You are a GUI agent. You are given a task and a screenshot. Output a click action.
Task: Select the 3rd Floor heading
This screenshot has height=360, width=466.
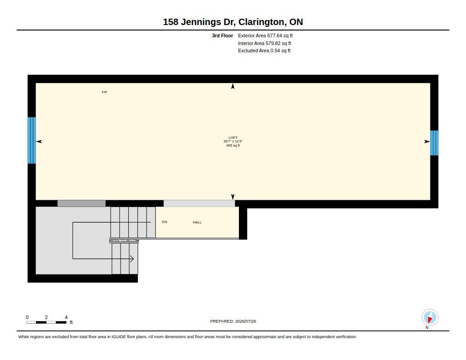pos(222,35)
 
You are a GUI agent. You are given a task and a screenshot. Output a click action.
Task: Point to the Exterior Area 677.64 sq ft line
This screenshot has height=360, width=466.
pos(265,35)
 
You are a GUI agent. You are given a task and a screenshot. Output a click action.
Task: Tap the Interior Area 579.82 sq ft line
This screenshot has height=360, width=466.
pos(264,43)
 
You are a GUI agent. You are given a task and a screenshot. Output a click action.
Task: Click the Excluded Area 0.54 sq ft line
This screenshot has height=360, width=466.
pos(264,51)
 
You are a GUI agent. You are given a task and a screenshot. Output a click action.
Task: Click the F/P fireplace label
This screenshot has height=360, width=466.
pos(104,92)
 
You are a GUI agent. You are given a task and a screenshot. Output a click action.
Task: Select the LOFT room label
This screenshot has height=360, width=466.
pos(233,137)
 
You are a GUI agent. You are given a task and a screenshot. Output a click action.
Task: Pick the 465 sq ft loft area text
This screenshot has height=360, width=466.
pos(233,145)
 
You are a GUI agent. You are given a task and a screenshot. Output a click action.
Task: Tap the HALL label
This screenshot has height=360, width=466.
pos(197,222)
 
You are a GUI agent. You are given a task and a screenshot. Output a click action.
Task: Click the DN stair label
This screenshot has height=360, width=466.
pos(164,222)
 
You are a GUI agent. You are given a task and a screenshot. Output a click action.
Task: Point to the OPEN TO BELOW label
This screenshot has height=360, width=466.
pos(124,240)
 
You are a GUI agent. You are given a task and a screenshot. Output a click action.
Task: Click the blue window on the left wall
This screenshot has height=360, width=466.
pos(31,140)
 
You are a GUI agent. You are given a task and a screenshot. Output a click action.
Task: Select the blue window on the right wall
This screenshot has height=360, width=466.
pos(434,143)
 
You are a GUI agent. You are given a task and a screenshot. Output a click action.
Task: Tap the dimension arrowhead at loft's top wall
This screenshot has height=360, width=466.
pos(233,86)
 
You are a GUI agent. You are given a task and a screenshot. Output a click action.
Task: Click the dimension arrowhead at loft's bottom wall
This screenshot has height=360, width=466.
pos(233,197)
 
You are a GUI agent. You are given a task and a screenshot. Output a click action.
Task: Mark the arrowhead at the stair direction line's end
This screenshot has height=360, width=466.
pos(132,259)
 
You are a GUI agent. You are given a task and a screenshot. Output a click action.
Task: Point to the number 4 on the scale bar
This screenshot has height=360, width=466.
pos(66,317)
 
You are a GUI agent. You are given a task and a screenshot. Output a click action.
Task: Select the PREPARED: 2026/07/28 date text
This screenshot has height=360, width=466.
pos(233,321)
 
